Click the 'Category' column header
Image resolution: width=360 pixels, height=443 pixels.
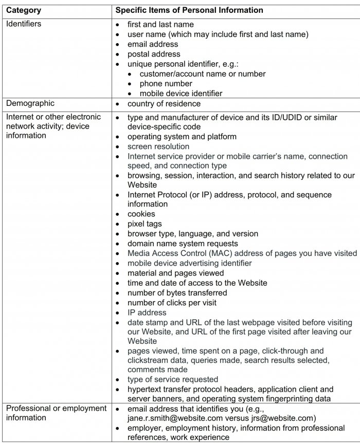point(24,10)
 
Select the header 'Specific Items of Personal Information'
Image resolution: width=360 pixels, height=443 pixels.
point(189,10)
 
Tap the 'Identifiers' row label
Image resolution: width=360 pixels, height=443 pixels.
point(24,24)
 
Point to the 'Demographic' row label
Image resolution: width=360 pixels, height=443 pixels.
point(30,103)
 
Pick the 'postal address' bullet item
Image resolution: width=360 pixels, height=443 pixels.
point(154,54)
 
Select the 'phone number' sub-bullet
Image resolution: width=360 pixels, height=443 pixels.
point(166,84)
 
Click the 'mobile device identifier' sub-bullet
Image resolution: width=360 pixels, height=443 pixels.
point(181,94)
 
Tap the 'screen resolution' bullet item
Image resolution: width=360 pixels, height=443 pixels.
point(158,146)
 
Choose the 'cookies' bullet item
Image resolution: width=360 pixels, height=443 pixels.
point(141,214)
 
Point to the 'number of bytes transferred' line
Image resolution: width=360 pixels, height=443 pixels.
point(177,292)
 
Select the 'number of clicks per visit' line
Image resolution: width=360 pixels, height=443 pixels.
point(172,302)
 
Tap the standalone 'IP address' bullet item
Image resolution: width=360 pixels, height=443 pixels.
point(147,312)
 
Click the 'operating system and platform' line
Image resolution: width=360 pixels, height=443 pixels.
point(182,137)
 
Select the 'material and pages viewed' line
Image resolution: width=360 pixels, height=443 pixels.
point(175,273)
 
